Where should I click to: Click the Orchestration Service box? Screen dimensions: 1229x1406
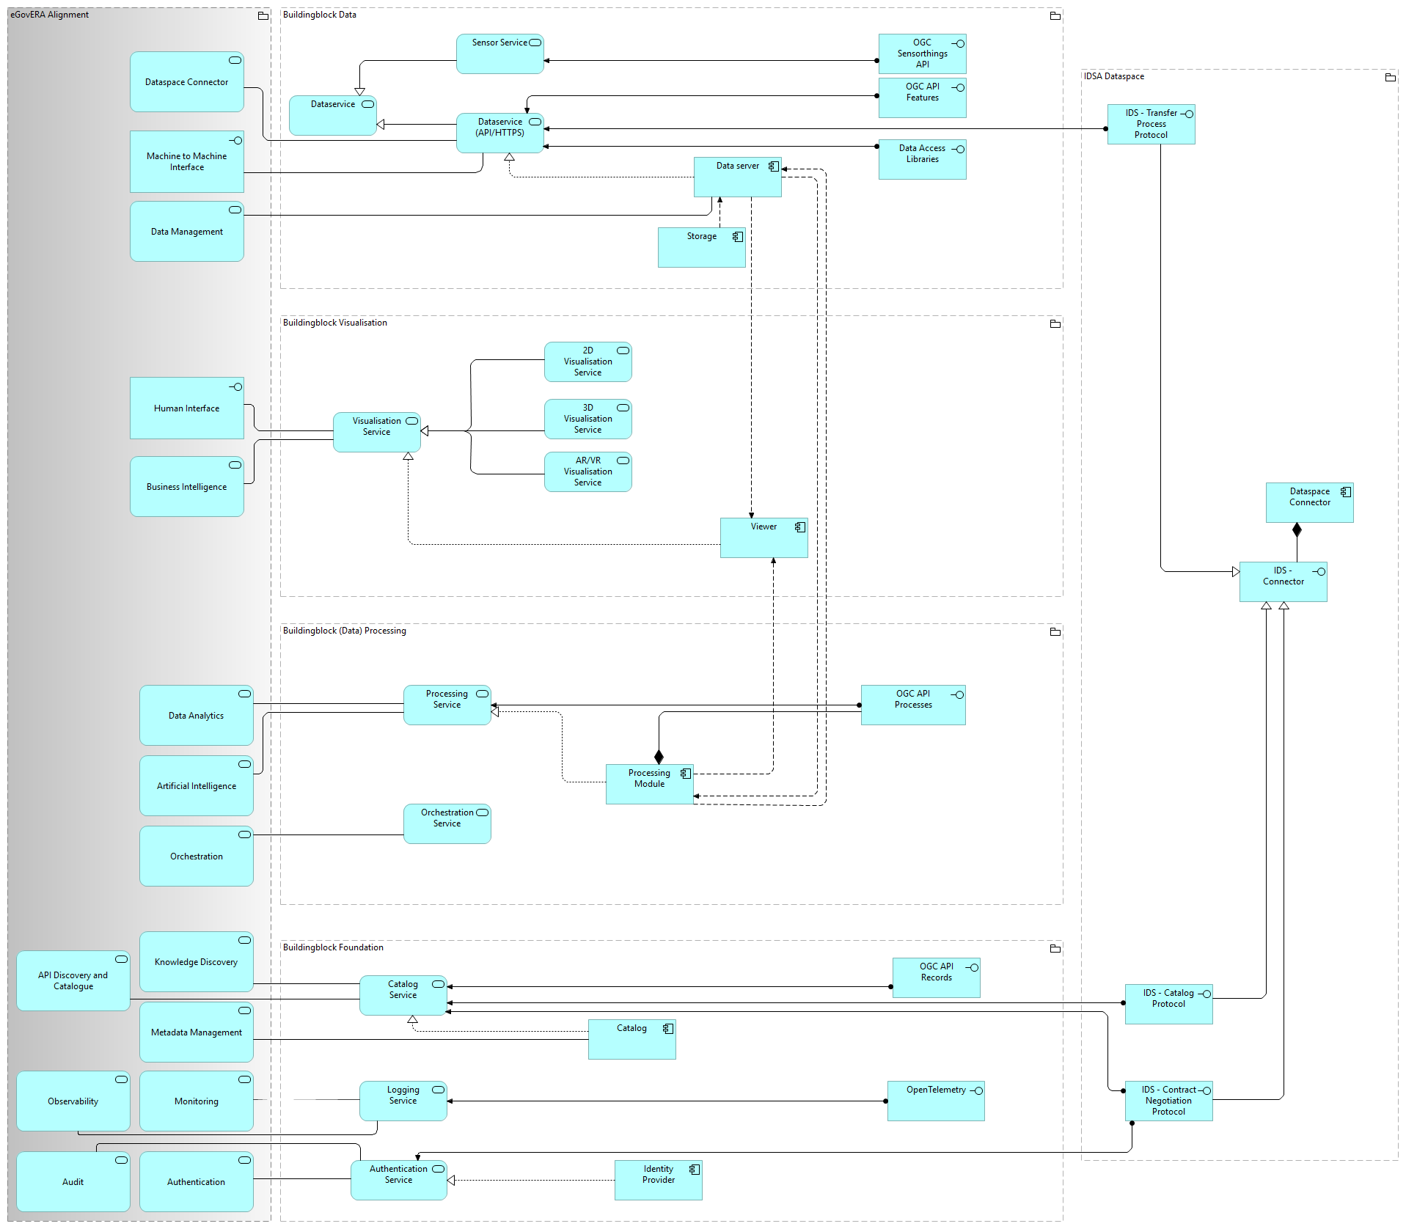(447, 824)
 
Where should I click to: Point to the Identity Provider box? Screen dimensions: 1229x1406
(658, 1180)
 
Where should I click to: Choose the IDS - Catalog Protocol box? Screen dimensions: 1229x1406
(1168, 1004)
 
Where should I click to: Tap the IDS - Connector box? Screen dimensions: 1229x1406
(1283, 582)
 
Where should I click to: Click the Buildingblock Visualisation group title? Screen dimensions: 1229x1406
(335, 323)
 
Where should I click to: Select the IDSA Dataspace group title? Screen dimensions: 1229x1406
(1114, 76)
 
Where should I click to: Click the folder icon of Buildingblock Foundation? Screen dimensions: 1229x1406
(1055, 949)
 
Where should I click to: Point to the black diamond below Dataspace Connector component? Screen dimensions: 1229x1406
(1297, 529)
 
